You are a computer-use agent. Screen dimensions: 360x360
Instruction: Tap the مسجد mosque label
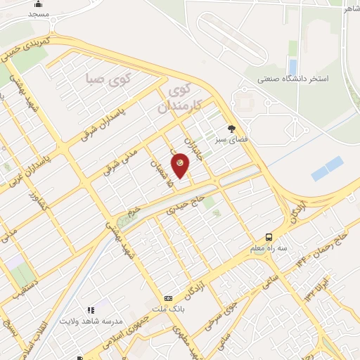coord(39,14)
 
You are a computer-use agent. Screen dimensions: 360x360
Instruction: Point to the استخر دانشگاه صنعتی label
coord(292,79)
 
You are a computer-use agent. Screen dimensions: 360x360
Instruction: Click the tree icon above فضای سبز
coord(231,129)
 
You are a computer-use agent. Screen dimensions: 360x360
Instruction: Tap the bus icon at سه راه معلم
coord(269,237)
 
